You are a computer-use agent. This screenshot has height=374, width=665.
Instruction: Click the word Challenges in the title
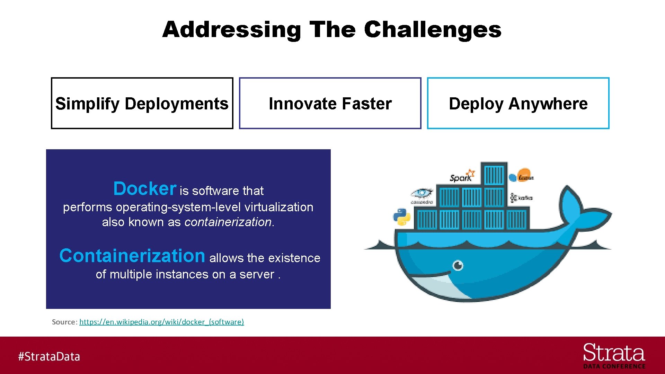(x=433, y=30)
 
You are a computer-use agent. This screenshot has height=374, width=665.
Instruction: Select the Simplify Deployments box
(x=142, y=103)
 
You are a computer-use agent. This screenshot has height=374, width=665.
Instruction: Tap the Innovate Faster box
(x=330, y=103)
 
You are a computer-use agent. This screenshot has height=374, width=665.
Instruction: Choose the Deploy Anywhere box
(x=518, y=103)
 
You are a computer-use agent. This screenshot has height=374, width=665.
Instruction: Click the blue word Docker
(x=145, y=189)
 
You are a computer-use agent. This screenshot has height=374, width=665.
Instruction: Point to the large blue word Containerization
(x=132, y=256)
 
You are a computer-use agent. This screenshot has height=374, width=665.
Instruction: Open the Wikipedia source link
(x=161, y=322)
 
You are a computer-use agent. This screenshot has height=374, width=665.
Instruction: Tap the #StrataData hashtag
(x=49, y=356)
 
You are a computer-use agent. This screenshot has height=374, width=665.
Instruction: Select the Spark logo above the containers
(x=462, y=176)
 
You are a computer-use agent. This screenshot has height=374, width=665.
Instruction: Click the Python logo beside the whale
(x=402, y=217)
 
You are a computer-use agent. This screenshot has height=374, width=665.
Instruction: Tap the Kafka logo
(x=521, y=198)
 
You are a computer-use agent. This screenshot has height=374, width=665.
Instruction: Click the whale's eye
(x=458, y=266)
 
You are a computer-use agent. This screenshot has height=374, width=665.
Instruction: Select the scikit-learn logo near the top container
(x=522, y=176)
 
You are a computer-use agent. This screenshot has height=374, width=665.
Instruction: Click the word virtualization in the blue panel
(x=279, y=207)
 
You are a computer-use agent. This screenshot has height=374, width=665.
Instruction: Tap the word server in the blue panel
(x=257, y=274)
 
